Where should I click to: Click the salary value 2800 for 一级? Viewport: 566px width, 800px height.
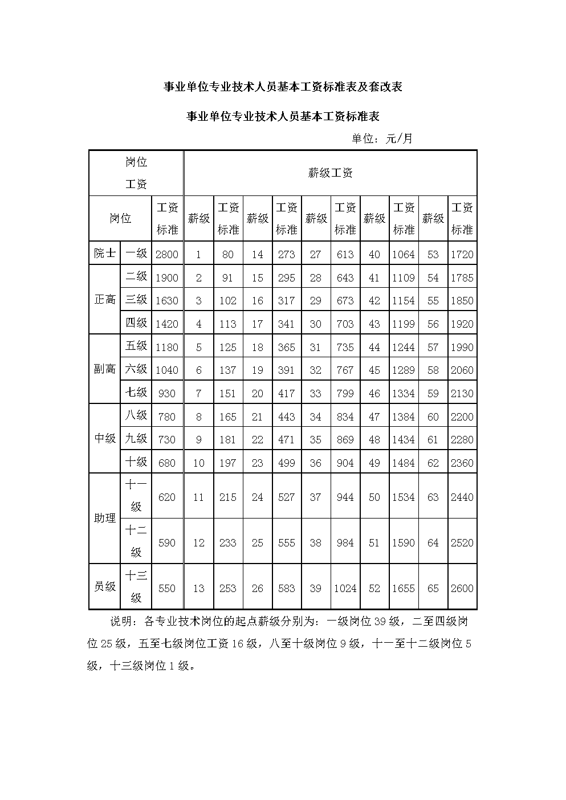coord(167,255)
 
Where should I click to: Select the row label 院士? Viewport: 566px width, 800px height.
coord(105,254)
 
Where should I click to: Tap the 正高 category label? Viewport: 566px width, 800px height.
coord(105,300)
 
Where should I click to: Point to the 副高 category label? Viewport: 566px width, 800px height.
coord(105,369)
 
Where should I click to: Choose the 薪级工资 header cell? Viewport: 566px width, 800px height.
coord(330,173)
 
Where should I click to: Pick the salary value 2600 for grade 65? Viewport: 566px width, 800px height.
coord(462,588)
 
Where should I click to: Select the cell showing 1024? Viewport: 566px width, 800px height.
coord(345,588)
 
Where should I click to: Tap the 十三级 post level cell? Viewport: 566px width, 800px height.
coord(136,586)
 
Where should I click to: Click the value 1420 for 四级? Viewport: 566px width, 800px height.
coord(167,324)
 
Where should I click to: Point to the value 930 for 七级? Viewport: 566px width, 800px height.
coord(167,393)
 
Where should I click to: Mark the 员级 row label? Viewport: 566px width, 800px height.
coord(105,586)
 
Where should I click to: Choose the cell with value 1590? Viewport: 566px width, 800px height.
coord(403,542)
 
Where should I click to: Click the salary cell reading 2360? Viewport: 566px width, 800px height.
coord(462,463)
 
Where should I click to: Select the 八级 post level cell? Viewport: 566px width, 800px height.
coord(136,415)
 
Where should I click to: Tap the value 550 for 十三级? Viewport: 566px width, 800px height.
coord(167,588)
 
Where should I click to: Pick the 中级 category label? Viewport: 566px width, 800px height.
coord(105,438)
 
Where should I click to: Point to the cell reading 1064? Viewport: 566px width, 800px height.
coord(403,255)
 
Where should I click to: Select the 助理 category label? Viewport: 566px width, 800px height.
coord(105,518)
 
